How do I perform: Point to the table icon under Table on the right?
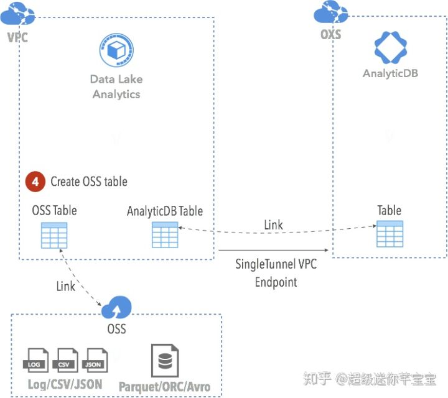click(x=390, y=234)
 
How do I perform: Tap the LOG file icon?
click(x=37, y=360)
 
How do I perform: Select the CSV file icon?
click(x=67, y=360)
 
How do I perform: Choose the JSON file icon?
click(x=95, y=360)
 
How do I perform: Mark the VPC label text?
click(x=17, y=37)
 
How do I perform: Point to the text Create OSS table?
click(x=89, y=182)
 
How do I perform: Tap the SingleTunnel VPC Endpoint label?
click(x=276, y=272)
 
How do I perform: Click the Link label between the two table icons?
click(x=273, y=224)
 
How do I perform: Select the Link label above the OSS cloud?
click(x=66, y=286)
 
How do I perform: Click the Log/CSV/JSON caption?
click(x=65, y=384)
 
